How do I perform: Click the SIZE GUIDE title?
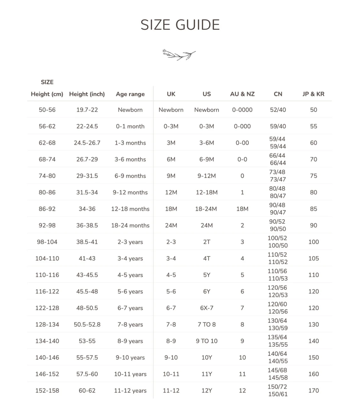(x=180, y=25)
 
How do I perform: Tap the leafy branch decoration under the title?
(x=179, y=54)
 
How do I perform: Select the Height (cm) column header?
(x=47, y=94)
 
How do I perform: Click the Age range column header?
(x=130, y=94)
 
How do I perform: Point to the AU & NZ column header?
(x=242, y=94)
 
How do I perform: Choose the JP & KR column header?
(x=313, y=94)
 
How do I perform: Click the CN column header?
(x=278, y=94)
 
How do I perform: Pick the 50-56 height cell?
(x=47, y=110)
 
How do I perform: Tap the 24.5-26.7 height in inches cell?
(x=87, y=143)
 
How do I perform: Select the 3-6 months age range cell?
(x=130, y=159)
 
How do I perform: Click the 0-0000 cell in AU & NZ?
(x=242, y=110)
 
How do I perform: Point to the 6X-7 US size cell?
(x=207, y=308)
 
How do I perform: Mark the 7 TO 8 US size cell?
(x=207, y=325)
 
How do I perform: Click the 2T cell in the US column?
(x=207, y=242)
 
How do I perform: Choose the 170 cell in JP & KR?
(x=313, y=390)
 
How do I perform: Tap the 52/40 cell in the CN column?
(x=278, y=110)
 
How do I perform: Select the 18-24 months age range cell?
(x=130, y=225)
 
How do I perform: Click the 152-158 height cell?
(x=47, y=390)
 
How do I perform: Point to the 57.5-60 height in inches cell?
(x=87, y=374)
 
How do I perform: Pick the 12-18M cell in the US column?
(x=207, y=192)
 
